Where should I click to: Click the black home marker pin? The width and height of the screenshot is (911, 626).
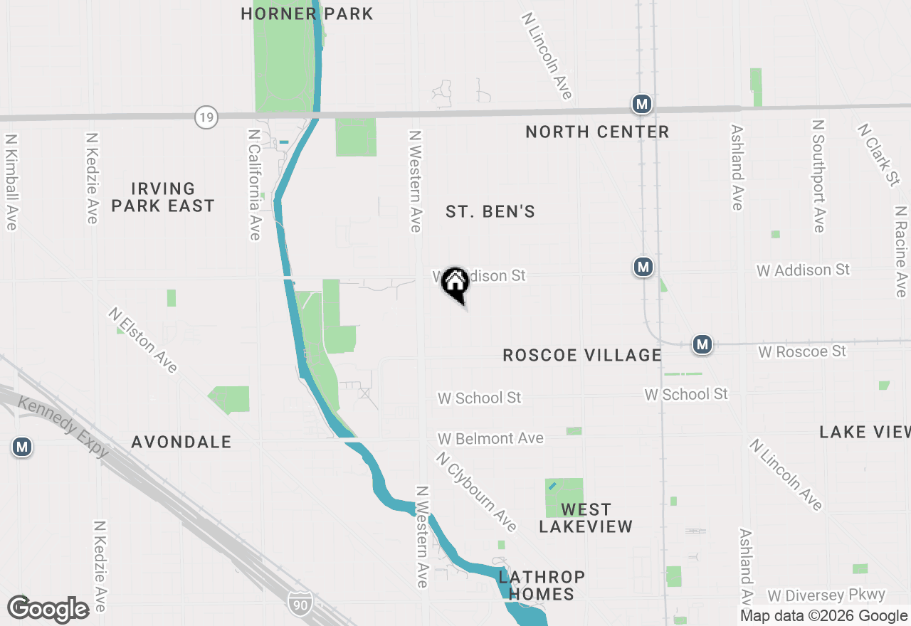455,282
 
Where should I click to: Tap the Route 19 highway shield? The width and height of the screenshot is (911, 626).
206,117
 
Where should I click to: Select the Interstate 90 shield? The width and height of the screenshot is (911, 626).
301,603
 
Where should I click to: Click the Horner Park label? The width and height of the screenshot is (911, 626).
307,14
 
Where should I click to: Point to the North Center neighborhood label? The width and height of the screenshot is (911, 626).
597,132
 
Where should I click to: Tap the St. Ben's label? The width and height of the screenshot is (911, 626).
490,211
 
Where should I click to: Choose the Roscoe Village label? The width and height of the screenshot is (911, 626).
582,355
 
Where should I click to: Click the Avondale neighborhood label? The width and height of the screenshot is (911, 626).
181,442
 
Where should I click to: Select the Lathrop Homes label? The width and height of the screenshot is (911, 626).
542,585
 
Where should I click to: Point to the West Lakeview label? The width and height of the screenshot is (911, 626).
586,518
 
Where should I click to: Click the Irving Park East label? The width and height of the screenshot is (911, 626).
163,197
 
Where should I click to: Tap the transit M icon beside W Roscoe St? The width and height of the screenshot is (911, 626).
702,344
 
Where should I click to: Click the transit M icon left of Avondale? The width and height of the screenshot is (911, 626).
22,447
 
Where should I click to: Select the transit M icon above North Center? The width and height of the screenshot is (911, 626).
641,105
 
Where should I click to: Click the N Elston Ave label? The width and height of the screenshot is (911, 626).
143,340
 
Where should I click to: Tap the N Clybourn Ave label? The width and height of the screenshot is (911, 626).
477,492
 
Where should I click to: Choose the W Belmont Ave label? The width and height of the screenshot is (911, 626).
490,438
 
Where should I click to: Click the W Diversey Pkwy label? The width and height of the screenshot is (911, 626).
826,595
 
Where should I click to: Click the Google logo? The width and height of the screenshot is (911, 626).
48,609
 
